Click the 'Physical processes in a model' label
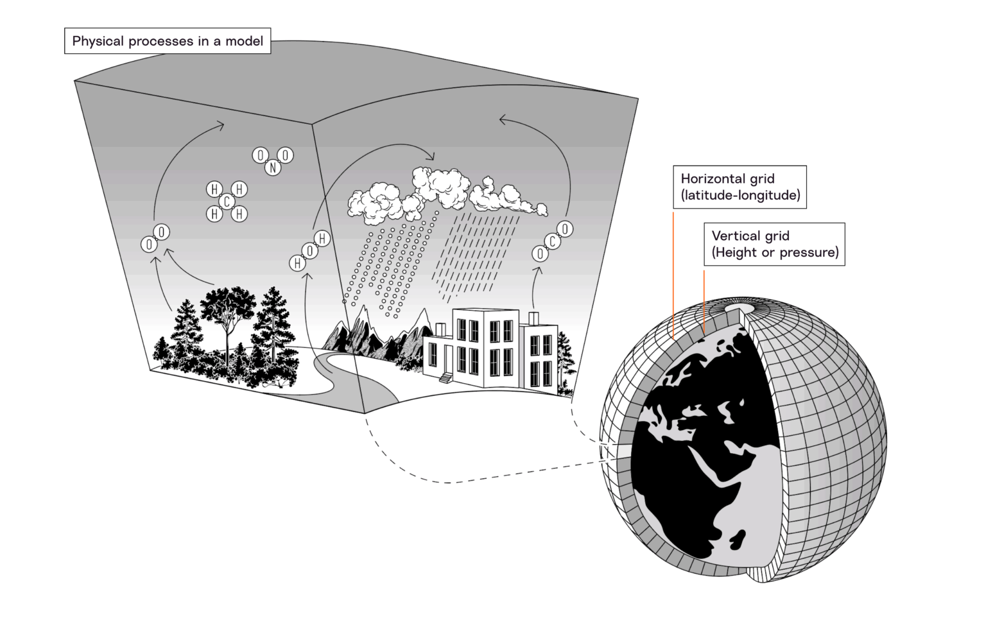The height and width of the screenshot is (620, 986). pos(168,42)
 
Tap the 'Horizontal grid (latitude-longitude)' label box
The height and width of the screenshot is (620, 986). pos(740,187)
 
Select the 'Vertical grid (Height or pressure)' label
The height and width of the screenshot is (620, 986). pos(774,244)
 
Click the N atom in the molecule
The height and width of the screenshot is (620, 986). pos(273,168)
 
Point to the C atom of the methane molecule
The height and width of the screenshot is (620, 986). pos(227,202)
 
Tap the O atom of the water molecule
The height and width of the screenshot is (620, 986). pos(310,251)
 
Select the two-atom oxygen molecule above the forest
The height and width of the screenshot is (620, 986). pos(155,238)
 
